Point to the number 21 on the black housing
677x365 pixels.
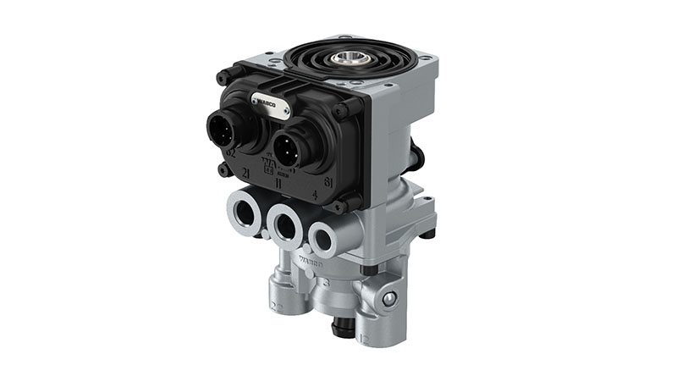[x=246, y=173]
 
